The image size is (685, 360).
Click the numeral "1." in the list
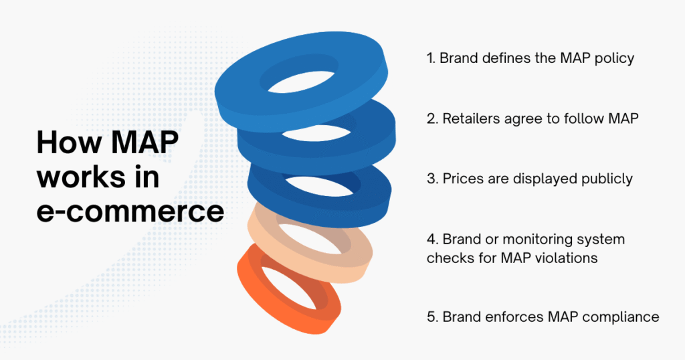coord(431,58)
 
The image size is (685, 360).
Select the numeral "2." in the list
coord(432,120)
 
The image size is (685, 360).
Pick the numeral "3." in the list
coord(432,179)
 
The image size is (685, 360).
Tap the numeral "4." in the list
coord(432,240)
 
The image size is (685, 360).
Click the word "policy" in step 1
coord(615,58)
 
